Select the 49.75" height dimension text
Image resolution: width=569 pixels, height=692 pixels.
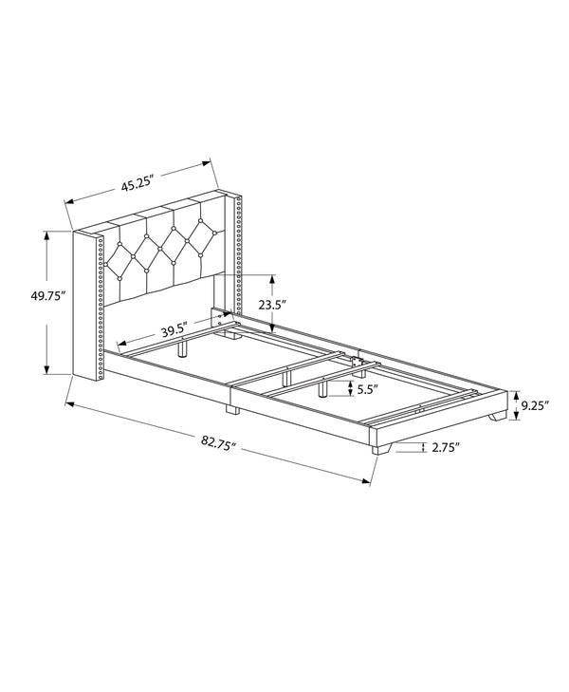(46, 295)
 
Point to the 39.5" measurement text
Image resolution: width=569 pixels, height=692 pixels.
(172, 331)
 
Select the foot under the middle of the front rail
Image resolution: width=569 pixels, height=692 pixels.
(230, 411)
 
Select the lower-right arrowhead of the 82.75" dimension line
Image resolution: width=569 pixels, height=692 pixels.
(367, 482)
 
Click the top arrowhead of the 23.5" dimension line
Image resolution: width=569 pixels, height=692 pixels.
(273, 278)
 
